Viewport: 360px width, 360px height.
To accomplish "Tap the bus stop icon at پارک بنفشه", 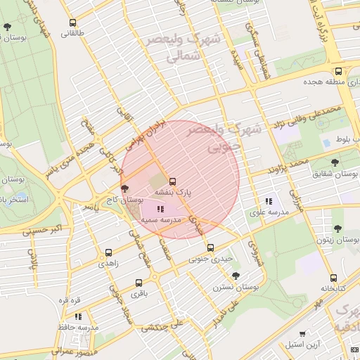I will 173,181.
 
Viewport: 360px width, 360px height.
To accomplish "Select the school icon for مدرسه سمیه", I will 160,209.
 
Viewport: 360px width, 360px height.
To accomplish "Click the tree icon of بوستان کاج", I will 125,189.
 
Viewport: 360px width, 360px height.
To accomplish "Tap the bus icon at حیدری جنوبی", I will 210,247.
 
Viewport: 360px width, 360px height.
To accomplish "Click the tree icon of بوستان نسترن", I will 235,276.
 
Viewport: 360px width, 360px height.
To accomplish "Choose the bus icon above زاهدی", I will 108,252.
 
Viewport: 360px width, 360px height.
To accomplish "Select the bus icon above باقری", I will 138,283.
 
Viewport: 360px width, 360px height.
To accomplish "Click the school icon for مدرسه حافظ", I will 78,316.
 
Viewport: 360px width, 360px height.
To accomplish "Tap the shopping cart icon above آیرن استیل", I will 302,334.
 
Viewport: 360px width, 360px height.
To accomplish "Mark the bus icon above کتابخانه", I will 333,277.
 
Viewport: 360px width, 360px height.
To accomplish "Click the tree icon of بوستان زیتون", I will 337,229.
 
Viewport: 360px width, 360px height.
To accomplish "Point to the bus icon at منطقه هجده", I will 338,71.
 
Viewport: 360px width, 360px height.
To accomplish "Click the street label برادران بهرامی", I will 146,134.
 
